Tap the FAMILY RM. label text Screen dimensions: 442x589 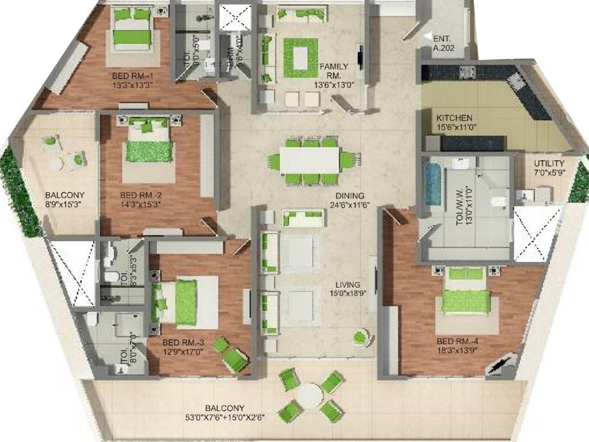(x=334, y=67)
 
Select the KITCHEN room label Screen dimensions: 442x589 (x=454, y=118)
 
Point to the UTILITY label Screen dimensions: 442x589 (x=549, y=163)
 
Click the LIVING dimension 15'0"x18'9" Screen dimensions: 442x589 (x=350, y=293)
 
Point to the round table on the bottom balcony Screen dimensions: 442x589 (x=311, y=396)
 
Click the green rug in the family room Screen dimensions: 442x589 (x=300, y=58)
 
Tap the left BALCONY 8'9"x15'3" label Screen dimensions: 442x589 (x=65, y=195)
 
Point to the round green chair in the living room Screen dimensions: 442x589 (x=360, y=337)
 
